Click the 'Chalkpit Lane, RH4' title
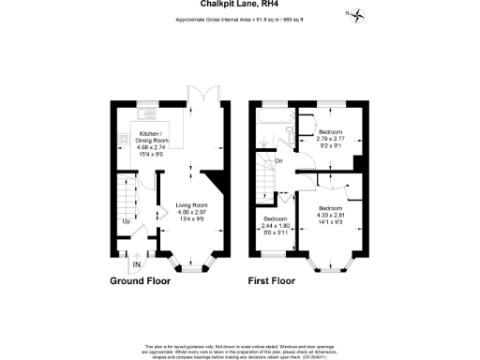239,4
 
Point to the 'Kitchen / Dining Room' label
150,141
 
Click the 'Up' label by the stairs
127,222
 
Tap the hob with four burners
121,140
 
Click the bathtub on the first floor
274,121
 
